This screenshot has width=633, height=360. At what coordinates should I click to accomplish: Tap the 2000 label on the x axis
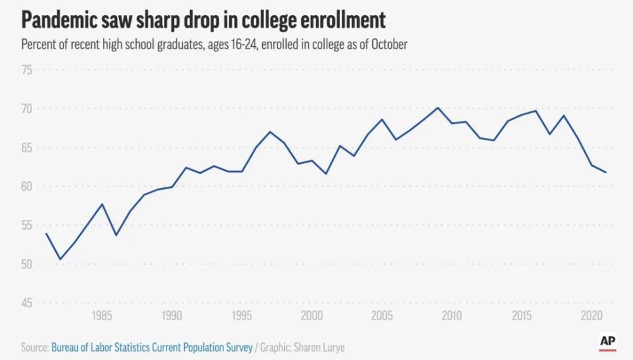tap(311, 316)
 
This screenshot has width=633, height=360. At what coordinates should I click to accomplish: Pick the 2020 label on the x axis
tap(591, 316)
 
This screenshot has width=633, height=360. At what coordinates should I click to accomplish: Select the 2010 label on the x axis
tap(451, 316)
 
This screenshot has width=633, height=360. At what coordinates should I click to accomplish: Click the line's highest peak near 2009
tap(437, 108)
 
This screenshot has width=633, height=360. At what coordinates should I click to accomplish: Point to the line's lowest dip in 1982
tap(60, 259)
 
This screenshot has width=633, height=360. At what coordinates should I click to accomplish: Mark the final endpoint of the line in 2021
tap(606, 172)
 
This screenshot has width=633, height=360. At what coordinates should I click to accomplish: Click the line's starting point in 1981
tap(46, 233)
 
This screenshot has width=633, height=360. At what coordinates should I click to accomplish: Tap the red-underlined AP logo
tap(608, 341)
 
